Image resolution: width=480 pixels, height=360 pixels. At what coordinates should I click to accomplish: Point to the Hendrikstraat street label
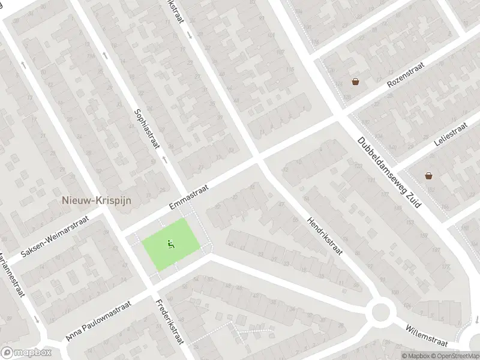[x=324, y=235]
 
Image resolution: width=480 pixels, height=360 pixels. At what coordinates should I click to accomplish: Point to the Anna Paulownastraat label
[x=98, y=322]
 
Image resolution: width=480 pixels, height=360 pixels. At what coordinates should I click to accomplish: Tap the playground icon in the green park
[x=170, y=244]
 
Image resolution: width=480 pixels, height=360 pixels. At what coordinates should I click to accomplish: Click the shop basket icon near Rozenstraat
[x=356, y=81]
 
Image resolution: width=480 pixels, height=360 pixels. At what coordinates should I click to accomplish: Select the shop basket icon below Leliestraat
[x=429, y=175]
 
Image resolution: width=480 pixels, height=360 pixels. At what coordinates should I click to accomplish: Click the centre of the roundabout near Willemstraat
[x=380, y=312]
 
